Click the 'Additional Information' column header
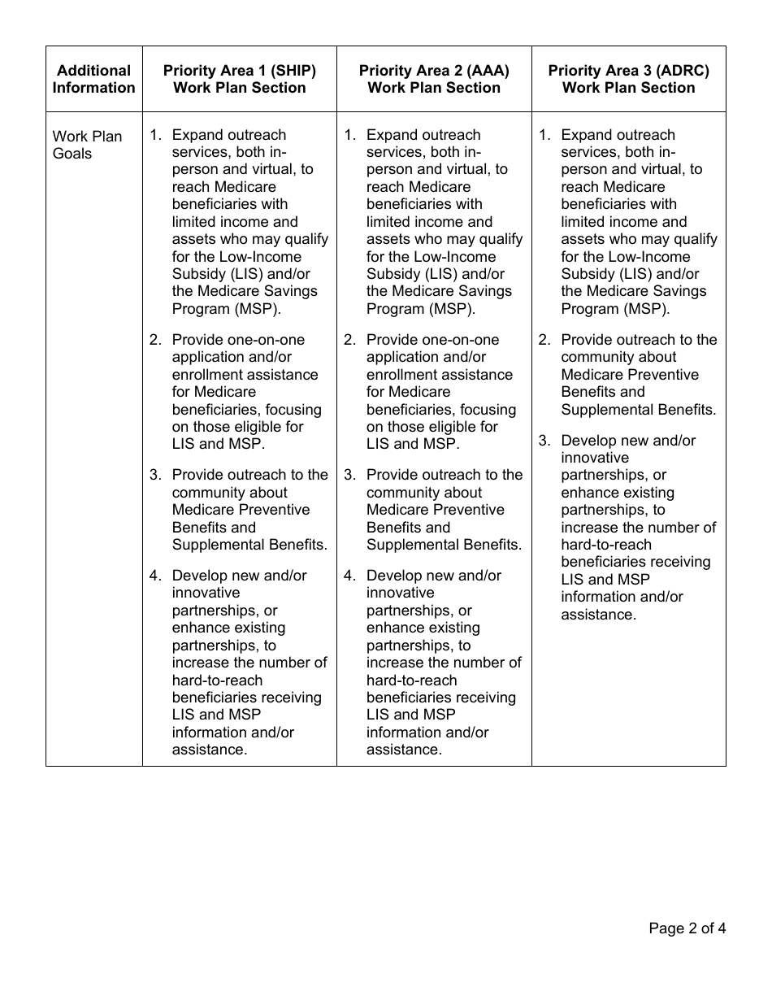(93, 79)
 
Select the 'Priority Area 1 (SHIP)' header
(240, 79)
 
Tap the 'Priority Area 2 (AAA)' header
(434, 79)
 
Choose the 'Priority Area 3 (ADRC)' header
(628, 79)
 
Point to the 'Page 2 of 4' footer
(687, 928)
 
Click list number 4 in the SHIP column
(155, 576)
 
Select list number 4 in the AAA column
(349, 576)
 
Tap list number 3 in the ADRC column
(544, 441)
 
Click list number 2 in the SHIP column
(155, 340)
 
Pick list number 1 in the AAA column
(349, 135)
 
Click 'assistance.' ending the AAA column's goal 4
(404, 750)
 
